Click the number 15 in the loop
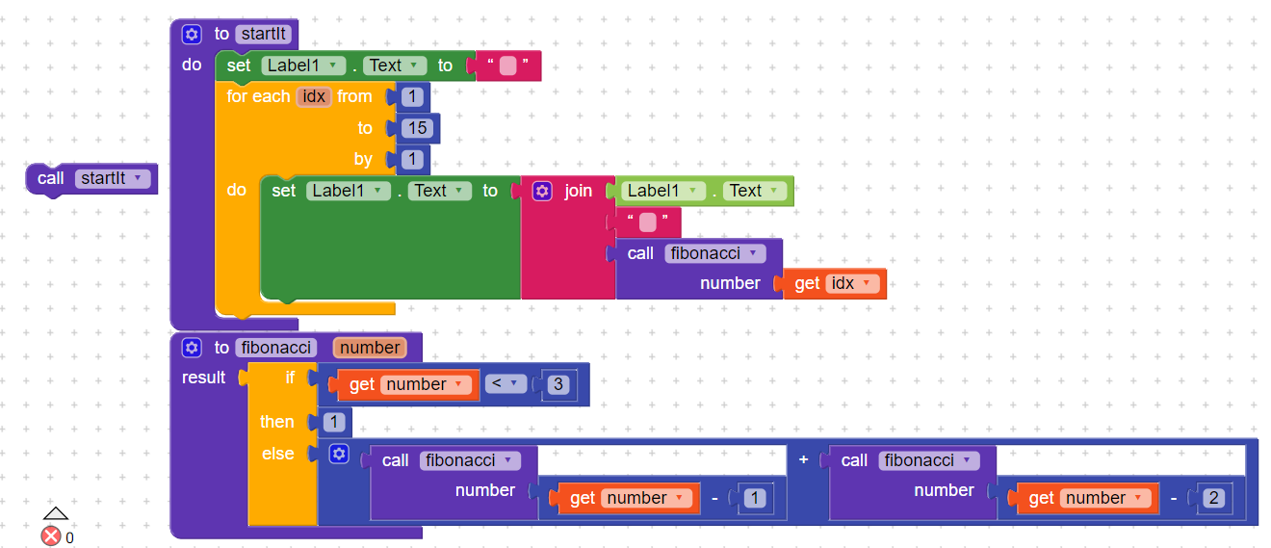(x=417, y=128)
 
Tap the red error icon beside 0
(x=51, y=536)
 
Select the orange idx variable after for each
(x=314, y=97)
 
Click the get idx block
(x=835, y=284)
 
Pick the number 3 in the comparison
(x=558, y=384)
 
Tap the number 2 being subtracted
(x=1213, y=498)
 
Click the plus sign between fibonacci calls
(x=803, y=459)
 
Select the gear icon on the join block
(x=542, y=192)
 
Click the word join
(x=578, y=192)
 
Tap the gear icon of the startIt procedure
(x=192, y=34)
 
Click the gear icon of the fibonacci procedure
(x=192, y=348)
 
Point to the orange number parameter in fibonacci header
(x=370, y=348)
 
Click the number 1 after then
(x=333, y=422)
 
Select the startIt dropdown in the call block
(x=113, y=179)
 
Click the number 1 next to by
(x=412, y=160)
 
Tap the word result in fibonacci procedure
(x=203, y=378)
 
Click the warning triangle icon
(x=56, y=513)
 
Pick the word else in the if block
(x=278, y=454)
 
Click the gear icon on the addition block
(x=339, y=454)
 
